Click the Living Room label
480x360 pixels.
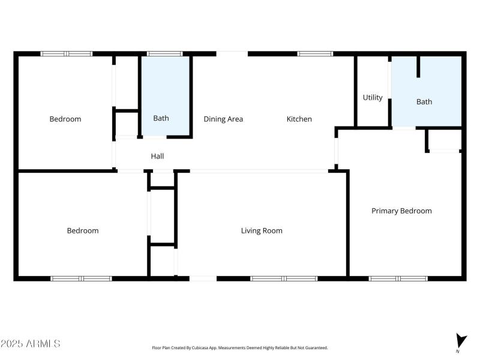click(x=262, y=230)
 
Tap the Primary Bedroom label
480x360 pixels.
click(x=401, y=211)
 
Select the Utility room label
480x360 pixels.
click(x=373, y=97)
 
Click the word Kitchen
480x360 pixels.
click(x=299, y=119)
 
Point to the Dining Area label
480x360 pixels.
click(x=223, y=119)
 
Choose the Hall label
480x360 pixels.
click(x=157, y=156)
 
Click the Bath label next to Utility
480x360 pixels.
click(x=424, y=101)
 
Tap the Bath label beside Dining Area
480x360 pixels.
click(x=161, y=118)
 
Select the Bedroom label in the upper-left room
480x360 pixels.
click(x=65, y=119)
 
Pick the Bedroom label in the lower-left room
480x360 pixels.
click(x=83, y=230)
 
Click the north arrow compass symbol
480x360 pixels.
click(x=460, y=340)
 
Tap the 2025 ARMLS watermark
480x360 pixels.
click(x=30, y=344)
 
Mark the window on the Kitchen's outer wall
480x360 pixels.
click(x=315, y=54)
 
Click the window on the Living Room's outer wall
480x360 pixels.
click(x=284, y=278)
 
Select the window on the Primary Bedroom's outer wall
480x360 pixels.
click(x=398, y=278)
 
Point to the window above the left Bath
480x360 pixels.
click(x=165, y=54)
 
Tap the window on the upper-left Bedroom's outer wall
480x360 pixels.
click(x=67, y=54)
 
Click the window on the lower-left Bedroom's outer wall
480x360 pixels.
click(x=81, y=278)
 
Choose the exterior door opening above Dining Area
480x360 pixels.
click(x=232, y=54)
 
